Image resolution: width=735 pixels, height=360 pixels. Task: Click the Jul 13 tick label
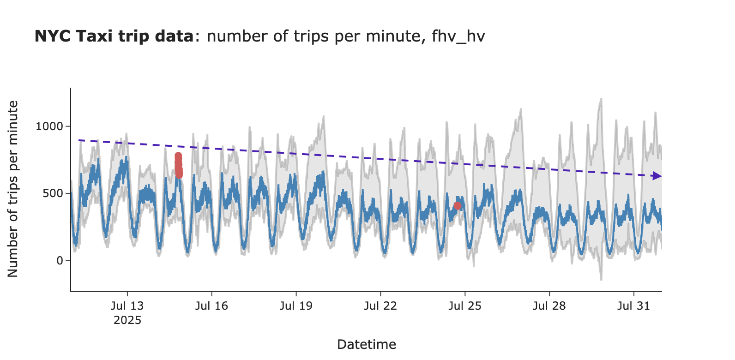[x=127, y=306]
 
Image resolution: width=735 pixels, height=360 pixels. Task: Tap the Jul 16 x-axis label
[x=211, y=306]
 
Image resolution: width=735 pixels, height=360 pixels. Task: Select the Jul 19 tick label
[x=296, y=306]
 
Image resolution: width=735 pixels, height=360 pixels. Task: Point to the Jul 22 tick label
[x=380, y=306]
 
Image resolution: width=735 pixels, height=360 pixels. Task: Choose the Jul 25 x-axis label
[x=465, y=306]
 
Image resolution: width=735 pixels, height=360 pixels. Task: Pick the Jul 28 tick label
[x=549, y=306]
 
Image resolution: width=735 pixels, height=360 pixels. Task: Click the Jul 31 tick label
[x=633, y=306]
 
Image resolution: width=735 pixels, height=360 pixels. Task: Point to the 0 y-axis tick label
[x=60, y=261]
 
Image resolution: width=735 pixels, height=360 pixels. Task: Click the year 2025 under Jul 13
[x=127, y=320]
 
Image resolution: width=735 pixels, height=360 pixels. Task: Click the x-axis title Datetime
[x=367, y=344]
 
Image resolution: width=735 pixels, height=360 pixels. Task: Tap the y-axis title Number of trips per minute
[x=13, y=189]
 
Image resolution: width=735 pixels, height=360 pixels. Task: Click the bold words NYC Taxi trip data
[x=114, y=36]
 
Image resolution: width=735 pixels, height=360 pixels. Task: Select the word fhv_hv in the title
[x=458, y=36]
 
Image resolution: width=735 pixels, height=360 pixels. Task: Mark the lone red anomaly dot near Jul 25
[x=457, y=206]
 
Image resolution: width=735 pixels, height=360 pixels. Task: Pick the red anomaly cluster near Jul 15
[x=178, y=165]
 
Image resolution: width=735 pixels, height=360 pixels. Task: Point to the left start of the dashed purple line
[x=79, y=140]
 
